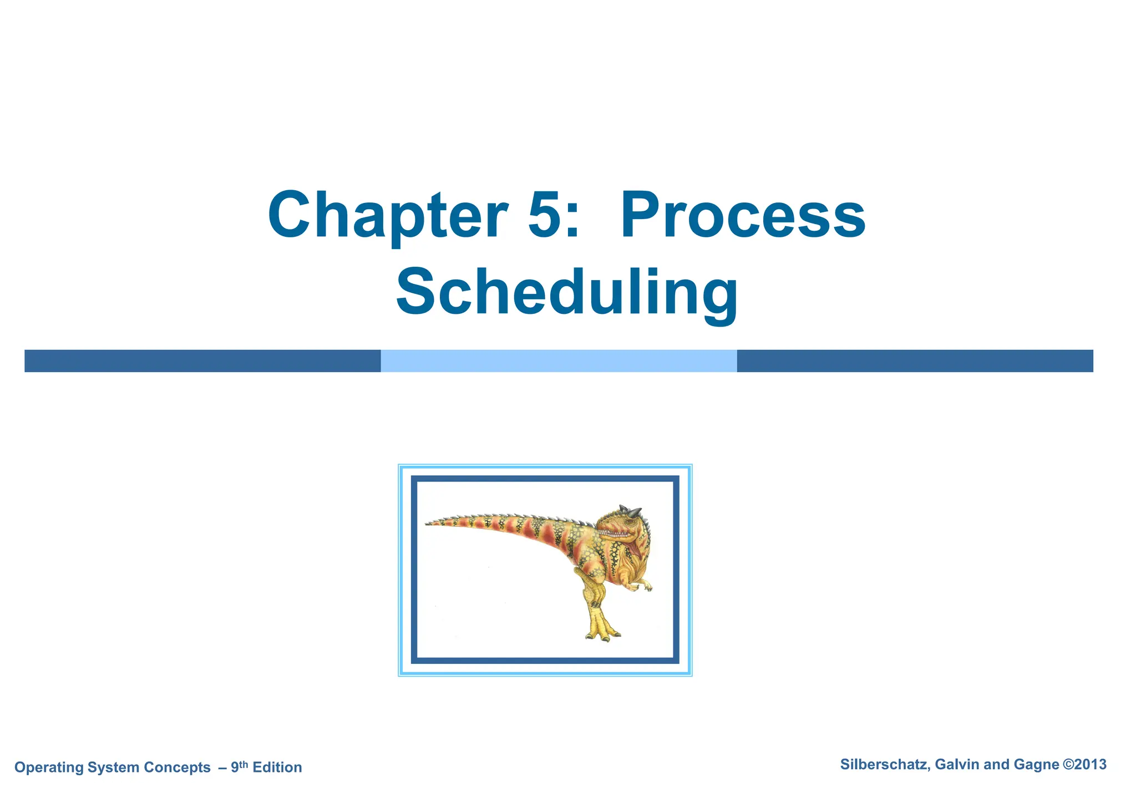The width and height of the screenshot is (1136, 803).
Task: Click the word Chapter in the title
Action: tap(387, 216)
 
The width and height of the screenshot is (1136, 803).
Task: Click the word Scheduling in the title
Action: tap(567, 293)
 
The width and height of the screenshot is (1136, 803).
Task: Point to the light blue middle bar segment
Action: tap(559, 361)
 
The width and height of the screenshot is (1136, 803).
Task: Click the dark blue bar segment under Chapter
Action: tap(202, 361)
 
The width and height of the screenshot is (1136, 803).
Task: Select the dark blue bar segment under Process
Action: tap(915, 361)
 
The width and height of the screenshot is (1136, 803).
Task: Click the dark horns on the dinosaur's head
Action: tap(631, 511)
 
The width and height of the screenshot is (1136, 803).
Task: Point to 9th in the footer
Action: tap(239, 766)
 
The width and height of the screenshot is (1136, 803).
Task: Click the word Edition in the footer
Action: tap(277, 768)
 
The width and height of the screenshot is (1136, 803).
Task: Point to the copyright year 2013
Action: tap(1090, 765)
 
